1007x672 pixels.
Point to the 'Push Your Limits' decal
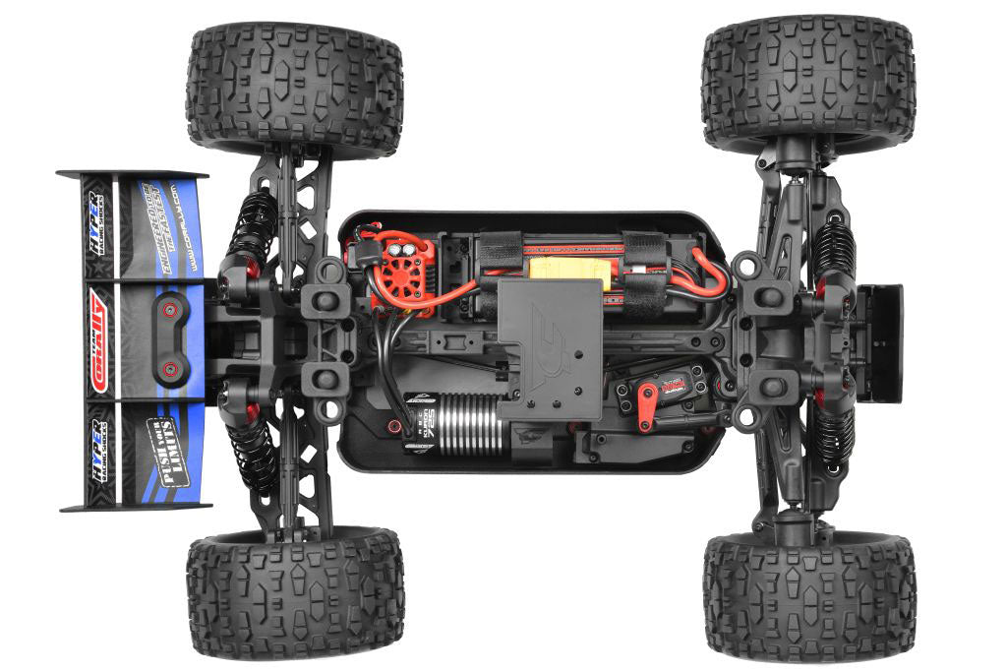[x=162, y=443]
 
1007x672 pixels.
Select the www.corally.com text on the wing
[x=188, y=226]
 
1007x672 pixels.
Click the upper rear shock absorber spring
[x=255, y=221]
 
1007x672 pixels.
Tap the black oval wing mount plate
[x=168, y=338]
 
